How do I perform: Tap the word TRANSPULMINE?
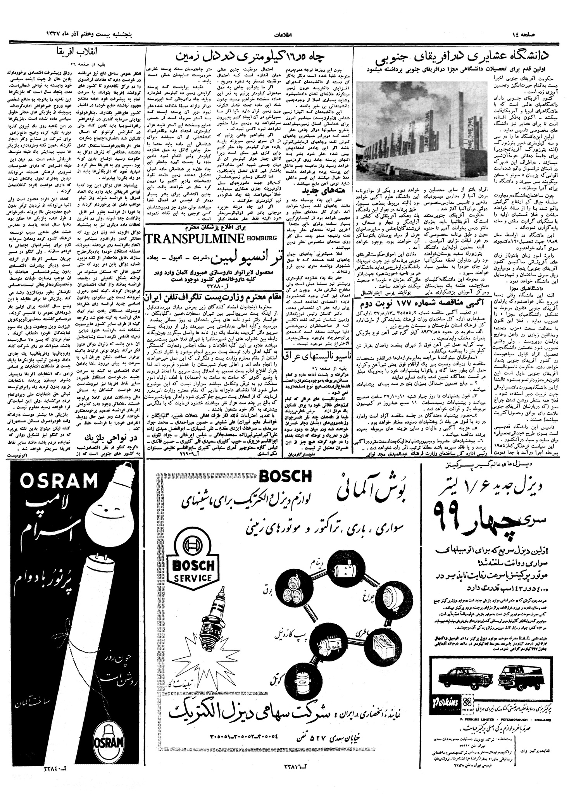tap(196, 239)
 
